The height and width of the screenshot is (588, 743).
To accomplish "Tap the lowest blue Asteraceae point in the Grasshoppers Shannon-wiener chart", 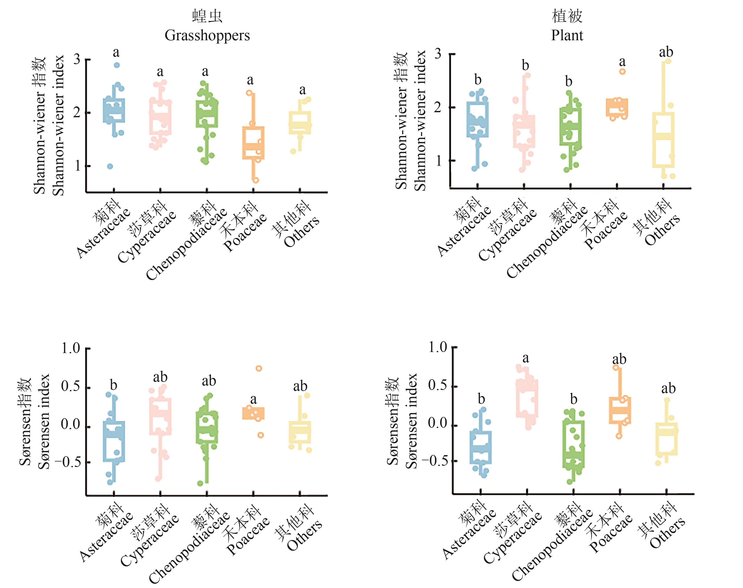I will click(110, 167).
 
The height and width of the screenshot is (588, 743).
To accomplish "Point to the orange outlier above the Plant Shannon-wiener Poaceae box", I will click(622, 72).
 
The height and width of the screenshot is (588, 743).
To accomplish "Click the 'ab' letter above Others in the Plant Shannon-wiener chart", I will click(666, 52).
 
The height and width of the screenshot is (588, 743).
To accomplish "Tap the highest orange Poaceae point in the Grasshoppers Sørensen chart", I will click(259, 368).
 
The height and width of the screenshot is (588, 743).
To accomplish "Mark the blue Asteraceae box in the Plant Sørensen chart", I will click(481, 447).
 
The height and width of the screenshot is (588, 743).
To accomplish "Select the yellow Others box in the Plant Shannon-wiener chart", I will click(663, 140).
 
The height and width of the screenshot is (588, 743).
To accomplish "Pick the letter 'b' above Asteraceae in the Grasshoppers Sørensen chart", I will click(113, 385).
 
